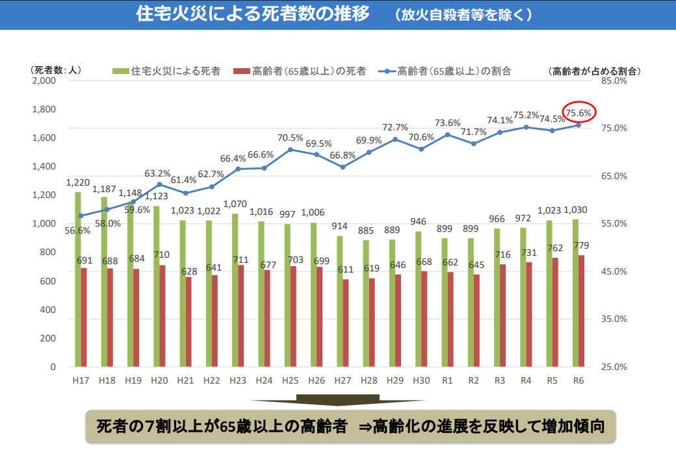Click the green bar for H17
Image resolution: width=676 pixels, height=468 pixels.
[x=78, y=279]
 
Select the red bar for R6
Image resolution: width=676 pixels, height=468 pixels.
[x=581, y=311]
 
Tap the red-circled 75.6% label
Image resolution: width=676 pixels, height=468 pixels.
[x=578, y=113]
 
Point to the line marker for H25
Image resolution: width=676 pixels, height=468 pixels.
[x=291, y=149]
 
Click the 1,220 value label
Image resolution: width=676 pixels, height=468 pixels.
[x=77, y=184]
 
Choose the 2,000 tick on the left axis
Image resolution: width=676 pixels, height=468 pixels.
[x=44, y=81]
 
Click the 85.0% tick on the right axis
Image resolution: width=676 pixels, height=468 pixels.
[x=612, y=81]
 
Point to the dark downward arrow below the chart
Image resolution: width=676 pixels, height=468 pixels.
[x=337, y=400]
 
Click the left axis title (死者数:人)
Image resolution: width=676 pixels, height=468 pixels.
[x=55, y=70]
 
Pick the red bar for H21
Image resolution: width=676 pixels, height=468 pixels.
[x=188, y=322]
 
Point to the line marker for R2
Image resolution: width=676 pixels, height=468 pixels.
[x=474, y=143]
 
